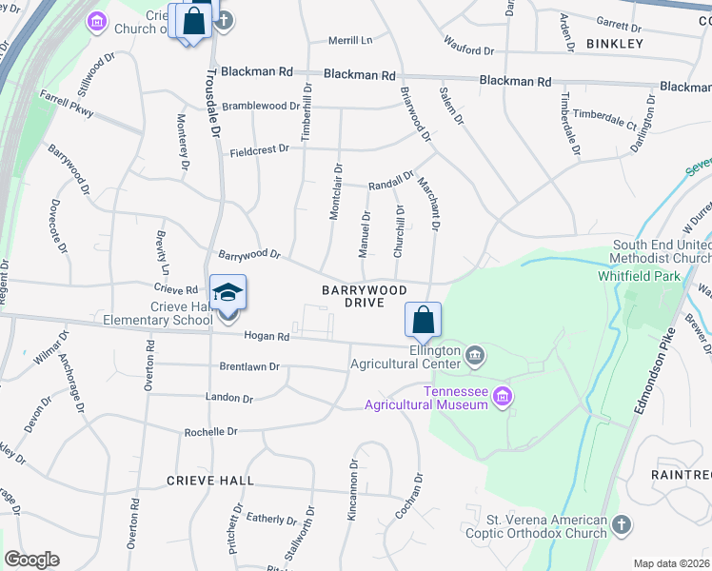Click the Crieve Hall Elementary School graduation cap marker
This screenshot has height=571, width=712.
click(x=227, y=293)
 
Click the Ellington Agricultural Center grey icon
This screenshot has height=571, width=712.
click(x=476, y=356)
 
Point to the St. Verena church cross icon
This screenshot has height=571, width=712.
click(x=621, y=525)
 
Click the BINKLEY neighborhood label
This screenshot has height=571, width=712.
click(x=615, y=44)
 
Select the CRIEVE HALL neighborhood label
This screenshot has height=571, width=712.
click(x=210, y=481)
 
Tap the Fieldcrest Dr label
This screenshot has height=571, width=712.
click(x=259, y=150)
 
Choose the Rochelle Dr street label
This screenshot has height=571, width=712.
click(x=210, y=431)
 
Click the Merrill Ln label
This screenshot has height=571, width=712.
click(x=350, y=40)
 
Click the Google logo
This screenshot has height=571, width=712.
click(x=31, y=560)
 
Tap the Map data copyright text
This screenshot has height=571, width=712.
click(x=672, y=563)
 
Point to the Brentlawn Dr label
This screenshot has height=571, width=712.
click(x=249, y=366)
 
